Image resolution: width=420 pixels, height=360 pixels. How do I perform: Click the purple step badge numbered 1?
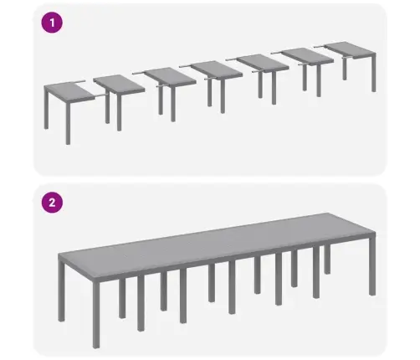[53, 23]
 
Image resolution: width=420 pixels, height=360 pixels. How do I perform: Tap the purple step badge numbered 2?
[53, 202]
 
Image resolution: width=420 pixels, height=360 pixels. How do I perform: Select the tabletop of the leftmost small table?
[66, 87]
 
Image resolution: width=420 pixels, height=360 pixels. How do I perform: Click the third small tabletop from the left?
[169, 75]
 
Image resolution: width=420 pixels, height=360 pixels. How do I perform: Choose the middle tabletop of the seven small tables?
[217, 69]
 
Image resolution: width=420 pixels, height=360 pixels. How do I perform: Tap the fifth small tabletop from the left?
[264, 63]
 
